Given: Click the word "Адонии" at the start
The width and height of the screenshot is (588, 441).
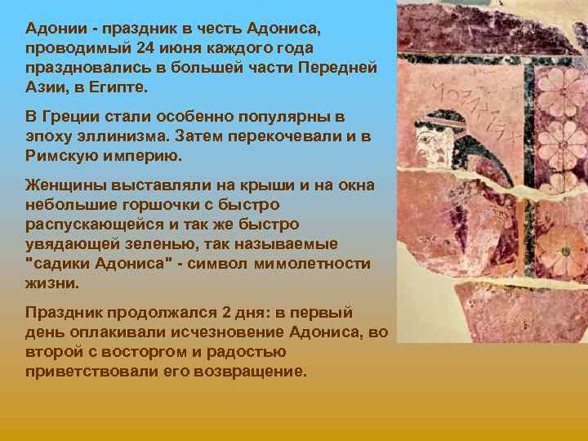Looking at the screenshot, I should [56, 29].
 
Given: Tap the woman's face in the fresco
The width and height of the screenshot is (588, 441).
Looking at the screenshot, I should [454, 143].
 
